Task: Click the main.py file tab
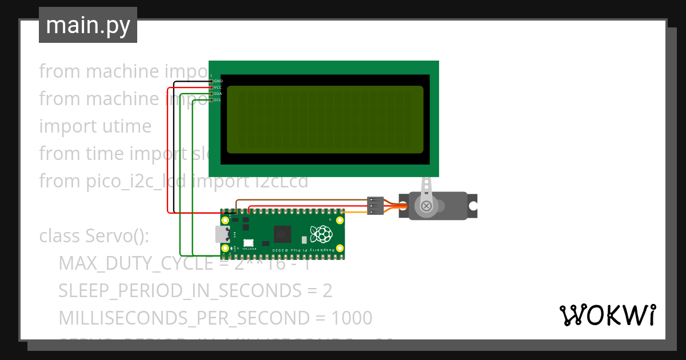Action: tap(87, 25)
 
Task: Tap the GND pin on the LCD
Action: tap(211, 81)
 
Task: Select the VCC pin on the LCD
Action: tap(211, 87)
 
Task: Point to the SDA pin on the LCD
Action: tap(211, 94)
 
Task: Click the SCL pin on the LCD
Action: tap(211, 100)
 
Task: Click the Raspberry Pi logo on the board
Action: tap(321, 234)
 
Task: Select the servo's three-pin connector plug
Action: tap(375, 206)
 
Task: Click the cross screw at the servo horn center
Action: tap(426, 206)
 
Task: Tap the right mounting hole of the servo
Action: tap(472, 206)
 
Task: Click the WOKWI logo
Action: tap(607, 315)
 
